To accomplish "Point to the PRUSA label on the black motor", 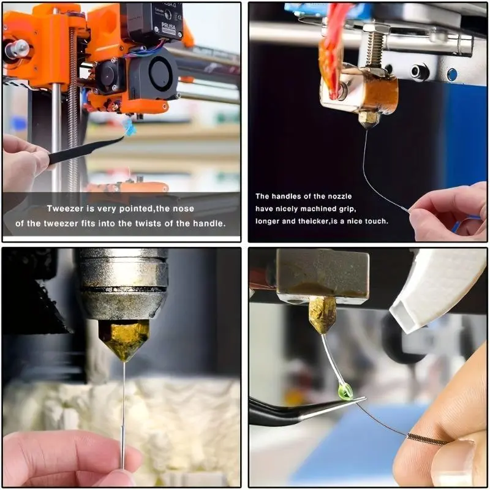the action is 169,26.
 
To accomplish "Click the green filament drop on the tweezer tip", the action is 345,392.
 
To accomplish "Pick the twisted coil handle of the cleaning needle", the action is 427,439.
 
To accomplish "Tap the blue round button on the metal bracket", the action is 452,74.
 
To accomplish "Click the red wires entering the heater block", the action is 331,47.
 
